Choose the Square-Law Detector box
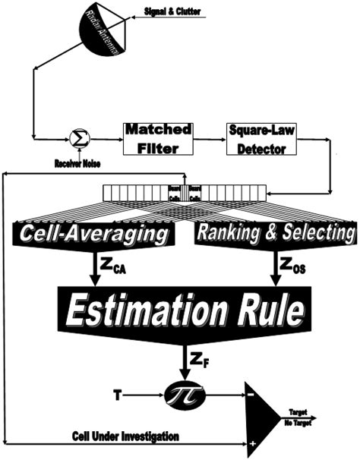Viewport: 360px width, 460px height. coord(257,137)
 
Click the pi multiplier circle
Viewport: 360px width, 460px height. coord(181,395)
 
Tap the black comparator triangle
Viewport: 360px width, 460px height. coord(270,417)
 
